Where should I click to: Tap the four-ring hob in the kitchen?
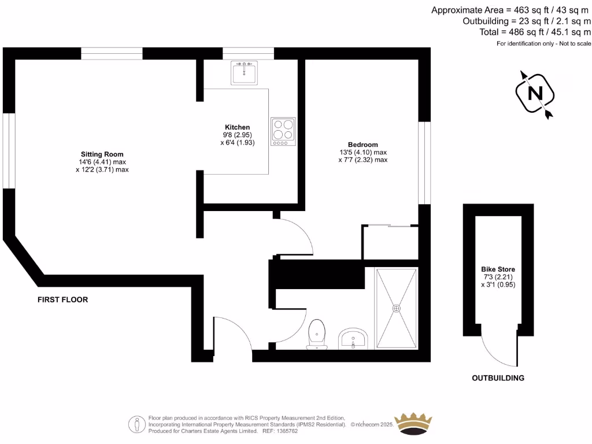coord(283,131)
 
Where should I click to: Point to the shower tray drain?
coord(397,308)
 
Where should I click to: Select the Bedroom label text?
coord(362,145)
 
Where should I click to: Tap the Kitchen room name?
coord(238,127)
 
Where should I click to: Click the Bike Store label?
coord(498,269)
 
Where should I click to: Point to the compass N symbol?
coord(535,93)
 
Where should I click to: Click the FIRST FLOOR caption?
coord(62,299)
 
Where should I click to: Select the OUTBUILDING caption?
coord(498,378)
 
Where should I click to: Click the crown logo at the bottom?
coord(413,424)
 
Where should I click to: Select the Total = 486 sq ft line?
coord(535,32)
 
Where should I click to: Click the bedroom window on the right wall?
coord(425,162)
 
